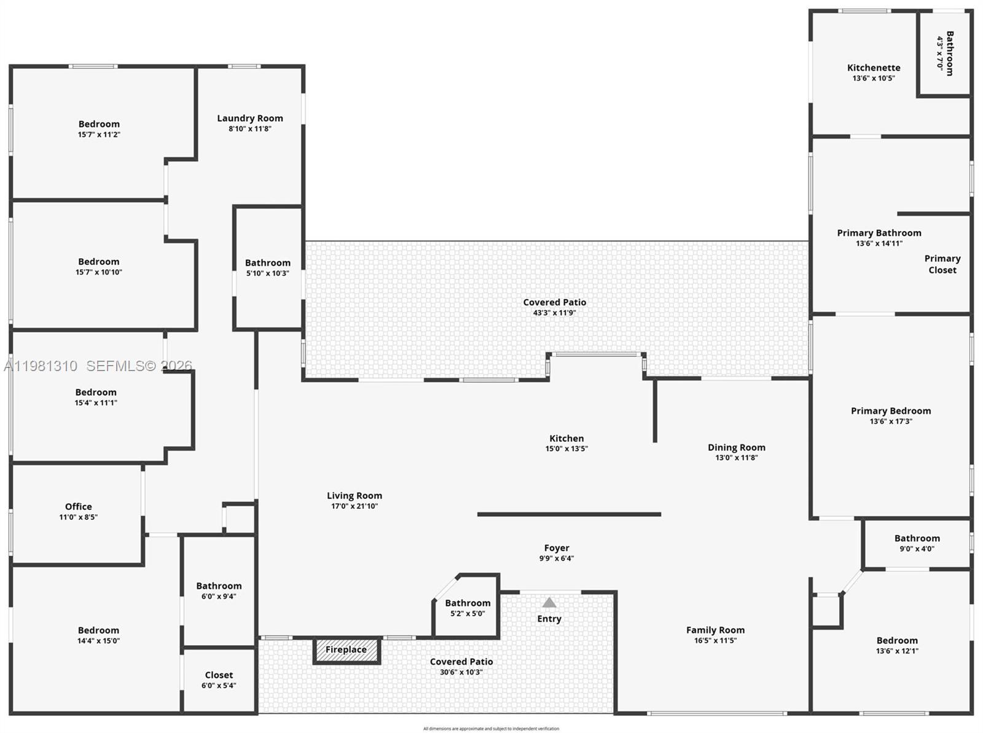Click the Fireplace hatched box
[347, 650]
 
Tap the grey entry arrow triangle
[549, 603]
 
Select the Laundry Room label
[250, 119]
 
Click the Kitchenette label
[874, 68]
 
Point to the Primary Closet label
[942, 264]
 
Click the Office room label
[79, 507]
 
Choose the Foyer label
[557, 548]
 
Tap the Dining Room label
[737, 447]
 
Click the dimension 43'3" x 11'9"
[554, 313]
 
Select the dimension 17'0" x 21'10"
[354, 506]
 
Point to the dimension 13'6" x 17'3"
[891, 421]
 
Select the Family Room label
[715, 630]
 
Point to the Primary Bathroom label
[879, 233]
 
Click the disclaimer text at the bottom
[491, 729]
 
